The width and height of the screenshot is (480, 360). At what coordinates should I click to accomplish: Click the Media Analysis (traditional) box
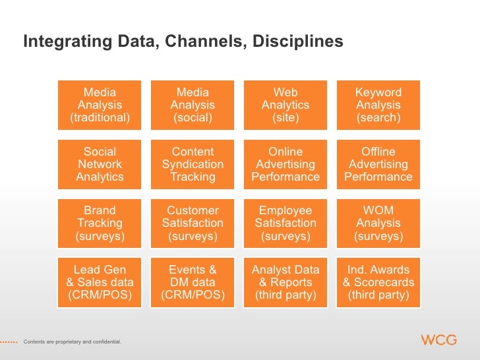[100, 105]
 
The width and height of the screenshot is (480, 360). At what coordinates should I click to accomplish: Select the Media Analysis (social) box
[193, 105]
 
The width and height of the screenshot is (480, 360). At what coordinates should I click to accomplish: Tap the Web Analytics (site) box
[285, 105]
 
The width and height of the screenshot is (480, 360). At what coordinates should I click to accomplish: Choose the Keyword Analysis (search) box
[378, 105]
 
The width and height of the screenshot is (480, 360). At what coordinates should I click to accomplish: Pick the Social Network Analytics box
[100, 164]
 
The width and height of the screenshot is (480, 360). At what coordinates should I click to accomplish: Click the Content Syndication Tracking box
[193, 164]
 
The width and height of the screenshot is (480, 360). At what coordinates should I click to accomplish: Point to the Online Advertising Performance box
[285, 164]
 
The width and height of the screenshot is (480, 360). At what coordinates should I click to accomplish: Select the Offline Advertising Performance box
[378, 164]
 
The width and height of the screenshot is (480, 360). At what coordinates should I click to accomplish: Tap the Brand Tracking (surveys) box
[100, 224]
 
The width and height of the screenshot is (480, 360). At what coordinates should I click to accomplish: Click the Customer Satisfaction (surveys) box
[193, 224]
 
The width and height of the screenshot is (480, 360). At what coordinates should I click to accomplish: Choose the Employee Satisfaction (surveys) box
[285, 224]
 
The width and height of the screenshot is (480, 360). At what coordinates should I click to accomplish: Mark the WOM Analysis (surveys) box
[378, 224]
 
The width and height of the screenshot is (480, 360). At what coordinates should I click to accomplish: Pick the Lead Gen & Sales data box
[100, 283]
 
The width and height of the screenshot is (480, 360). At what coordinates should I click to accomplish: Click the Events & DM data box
[193, 283]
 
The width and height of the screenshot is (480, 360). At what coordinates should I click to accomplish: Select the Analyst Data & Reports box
[285, 283]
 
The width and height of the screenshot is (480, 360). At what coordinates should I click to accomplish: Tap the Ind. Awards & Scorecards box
[378, 283]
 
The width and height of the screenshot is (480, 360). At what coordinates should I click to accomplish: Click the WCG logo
[438, 340]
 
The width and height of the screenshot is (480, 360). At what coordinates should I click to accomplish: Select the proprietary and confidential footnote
[72, 342]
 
